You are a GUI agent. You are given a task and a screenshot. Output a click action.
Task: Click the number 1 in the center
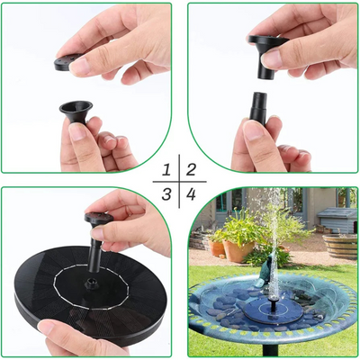click(166, 169)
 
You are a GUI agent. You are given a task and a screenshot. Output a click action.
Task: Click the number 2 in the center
click(191, 169)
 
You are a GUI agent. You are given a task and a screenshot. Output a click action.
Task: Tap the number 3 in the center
click(166, 193)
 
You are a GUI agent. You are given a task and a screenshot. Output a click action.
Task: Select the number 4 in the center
click(191, 193)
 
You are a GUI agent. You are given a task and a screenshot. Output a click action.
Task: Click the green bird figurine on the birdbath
click(261, 259)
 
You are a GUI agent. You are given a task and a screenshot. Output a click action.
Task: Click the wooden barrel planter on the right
click(340, 244)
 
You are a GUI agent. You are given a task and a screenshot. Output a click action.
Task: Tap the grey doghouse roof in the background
click(337, 213)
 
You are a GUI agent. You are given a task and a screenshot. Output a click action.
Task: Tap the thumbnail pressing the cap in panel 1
click(79, 65)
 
